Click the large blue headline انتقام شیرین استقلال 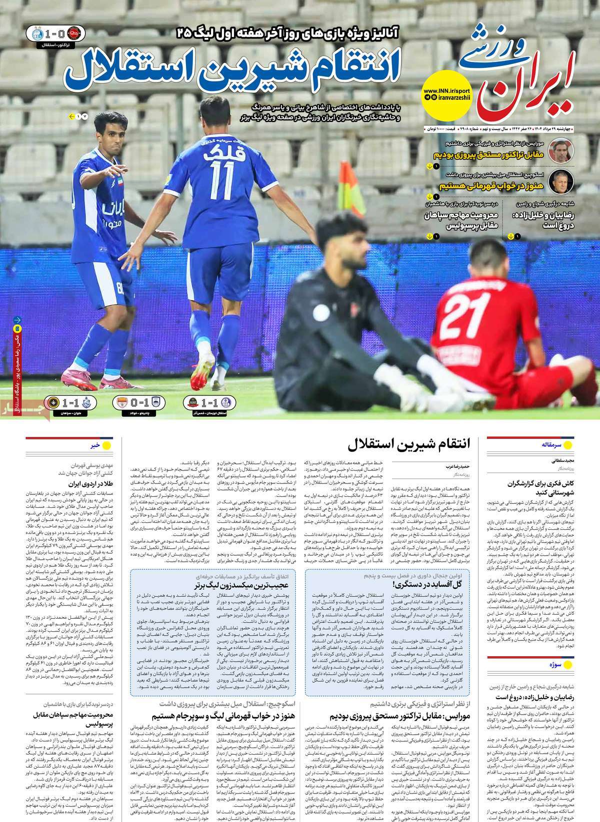click(231, 72)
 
